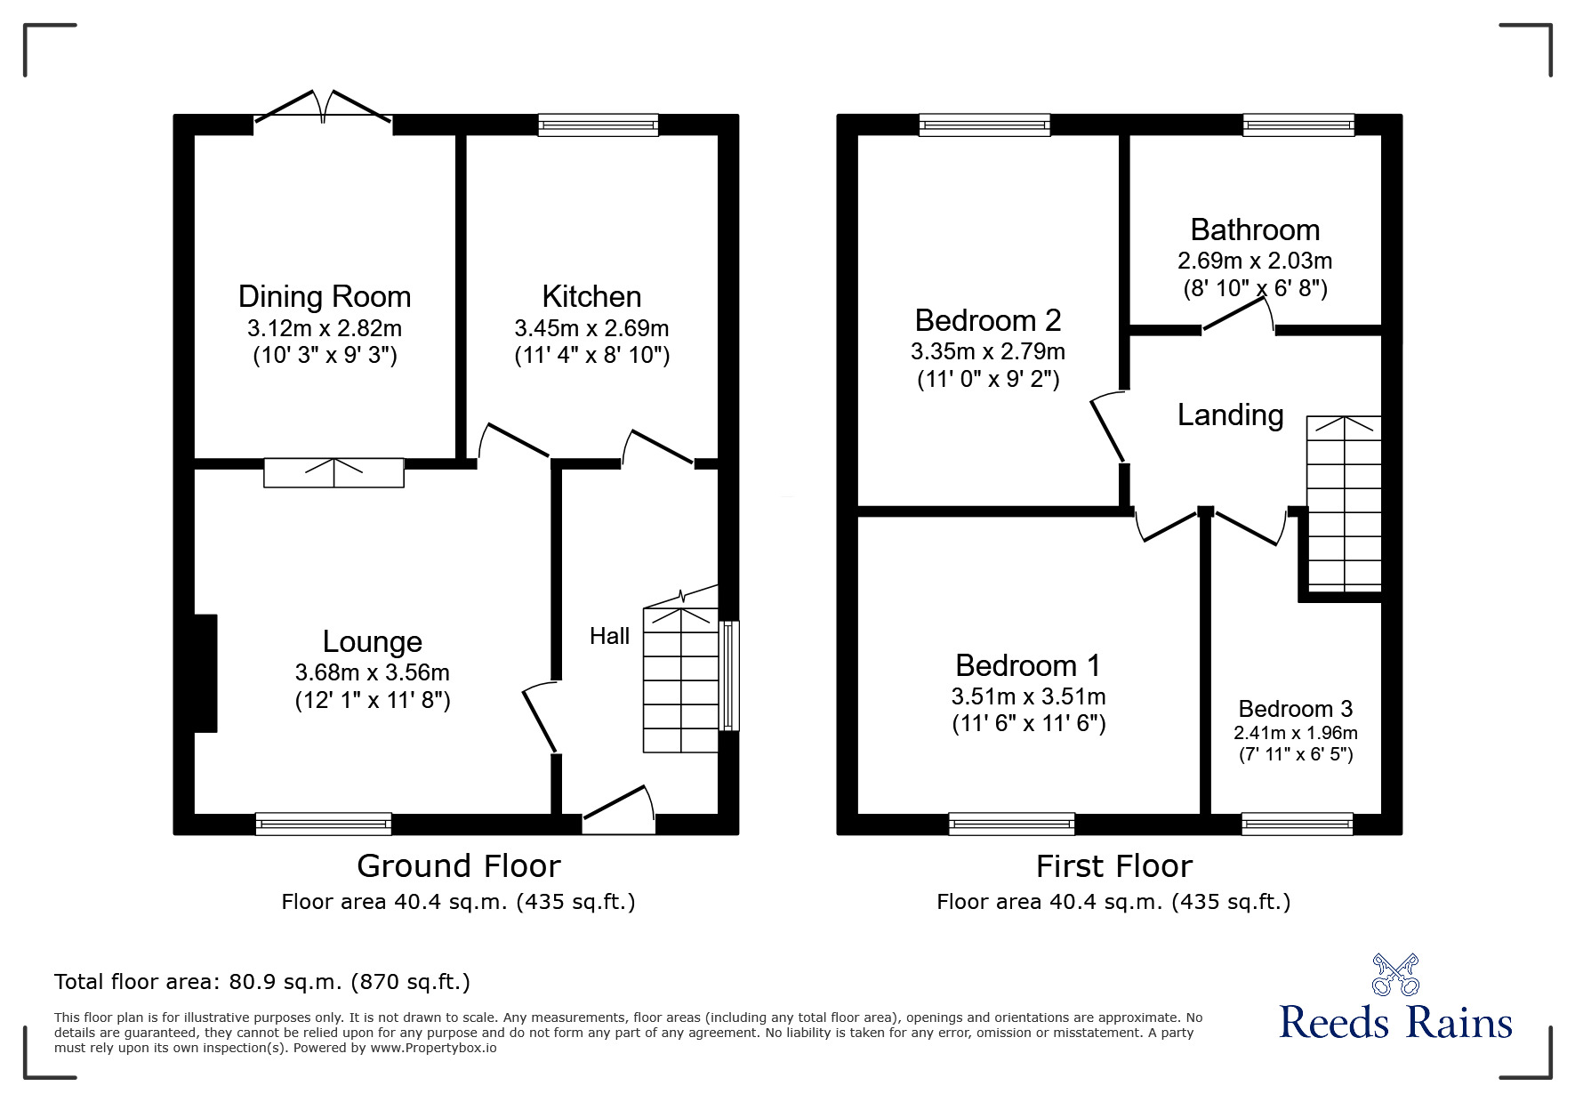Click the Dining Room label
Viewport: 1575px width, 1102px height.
[x=325, y=296]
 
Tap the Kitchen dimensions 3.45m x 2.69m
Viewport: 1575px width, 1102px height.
[x=591, y=328]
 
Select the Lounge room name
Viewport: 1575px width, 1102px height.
[x=372, y=641]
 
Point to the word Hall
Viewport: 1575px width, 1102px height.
[x=609, y=636]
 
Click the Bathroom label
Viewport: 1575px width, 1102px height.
[x=1255, y=230]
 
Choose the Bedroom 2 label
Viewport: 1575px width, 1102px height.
[x=988, y=319]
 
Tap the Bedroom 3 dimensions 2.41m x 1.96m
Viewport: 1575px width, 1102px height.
[x=1295, y=733]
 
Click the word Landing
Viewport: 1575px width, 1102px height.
[x=1230, y=414]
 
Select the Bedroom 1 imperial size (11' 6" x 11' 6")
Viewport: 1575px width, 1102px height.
[x=1028, y=724]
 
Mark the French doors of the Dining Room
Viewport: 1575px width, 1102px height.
[x=323, y=107]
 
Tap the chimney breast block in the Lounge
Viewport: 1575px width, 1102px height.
[x=205, y=673]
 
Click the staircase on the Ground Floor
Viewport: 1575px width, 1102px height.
[x=680, y=680]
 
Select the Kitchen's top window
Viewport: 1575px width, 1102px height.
[x=598, y=125]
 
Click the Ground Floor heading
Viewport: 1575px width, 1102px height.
[x=458, y=865]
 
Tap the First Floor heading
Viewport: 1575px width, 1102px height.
[x=1113, y=865]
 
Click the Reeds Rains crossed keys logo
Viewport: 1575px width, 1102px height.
[x=1395, y=974]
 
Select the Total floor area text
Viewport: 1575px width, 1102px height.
[x=262, y=982]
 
